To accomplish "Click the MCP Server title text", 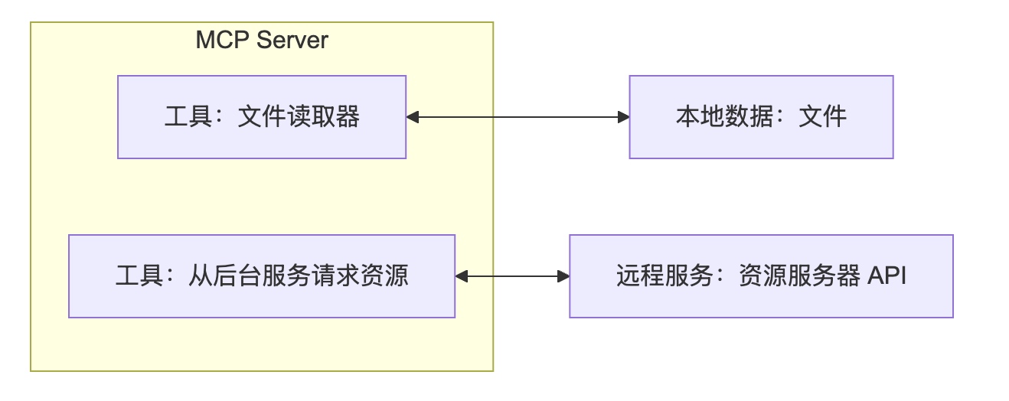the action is (x=262, y=40).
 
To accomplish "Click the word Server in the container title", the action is (x=292, y=40).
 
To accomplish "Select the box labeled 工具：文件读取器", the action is (x=262, y=117).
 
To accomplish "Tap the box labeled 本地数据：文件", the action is (x=761, y=117).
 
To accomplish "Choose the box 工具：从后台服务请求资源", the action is (x=262, y=276).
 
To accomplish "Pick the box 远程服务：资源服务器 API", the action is (x=761, y=276).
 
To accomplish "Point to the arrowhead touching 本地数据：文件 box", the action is (x=624, y=117).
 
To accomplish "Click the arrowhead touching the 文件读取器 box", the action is (x=412, y=117).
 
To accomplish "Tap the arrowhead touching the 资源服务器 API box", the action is (x=563, y=276).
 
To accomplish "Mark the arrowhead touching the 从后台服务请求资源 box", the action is (x=462, y=276).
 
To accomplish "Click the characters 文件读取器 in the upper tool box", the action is (x=299, y=116).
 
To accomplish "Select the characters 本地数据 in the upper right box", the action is (x=725, y=116).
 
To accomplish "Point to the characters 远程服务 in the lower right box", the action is (x=665, y=275).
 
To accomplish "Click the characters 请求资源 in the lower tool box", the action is (x=361, y=275).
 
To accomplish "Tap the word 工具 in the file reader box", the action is (x=188, y=116).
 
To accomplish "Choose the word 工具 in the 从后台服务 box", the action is (x=139, y=275).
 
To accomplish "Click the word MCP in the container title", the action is (x=223, y=40).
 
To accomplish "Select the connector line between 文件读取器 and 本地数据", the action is (x=518, y=117).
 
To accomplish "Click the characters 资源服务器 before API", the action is (x=799, y=275).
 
